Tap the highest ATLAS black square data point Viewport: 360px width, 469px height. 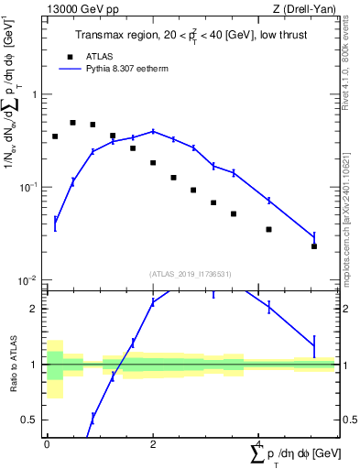tap(72, 123)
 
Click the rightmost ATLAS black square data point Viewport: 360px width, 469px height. tap(314, 246)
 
